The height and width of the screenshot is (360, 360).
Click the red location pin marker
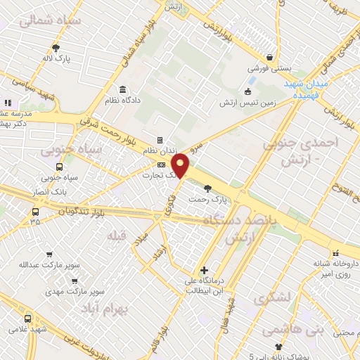tap(181, 165)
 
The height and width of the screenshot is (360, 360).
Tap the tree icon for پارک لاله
tap(56, 48)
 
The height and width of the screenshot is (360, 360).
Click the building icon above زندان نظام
tap(160, 140)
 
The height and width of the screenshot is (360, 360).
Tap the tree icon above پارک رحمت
tap(207, 188)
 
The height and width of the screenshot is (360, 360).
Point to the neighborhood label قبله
tap(115, 236)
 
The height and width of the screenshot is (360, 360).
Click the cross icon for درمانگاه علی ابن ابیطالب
tap(204, 270)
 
